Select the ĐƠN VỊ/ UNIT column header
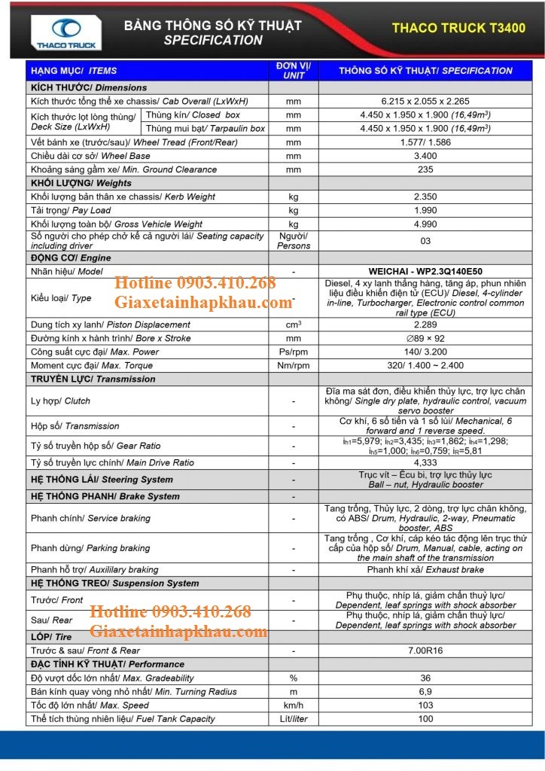293,70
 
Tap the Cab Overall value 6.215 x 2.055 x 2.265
425,101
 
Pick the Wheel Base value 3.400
425,156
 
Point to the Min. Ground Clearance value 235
425,169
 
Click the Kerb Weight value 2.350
425,197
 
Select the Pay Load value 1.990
425,210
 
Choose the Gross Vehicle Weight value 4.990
425,224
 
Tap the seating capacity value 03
425,241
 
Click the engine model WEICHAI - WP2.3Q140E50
425,270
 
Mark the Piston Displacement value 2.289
425,325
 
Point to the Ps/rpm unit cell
293,352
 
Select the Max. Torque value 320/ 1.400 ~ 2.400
425,365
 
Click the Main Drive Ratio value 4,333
425,462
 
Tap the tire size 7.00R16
425,651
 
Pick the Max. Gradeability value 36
425,678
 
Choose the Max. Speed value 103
425,705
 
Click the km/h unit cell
293,705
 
